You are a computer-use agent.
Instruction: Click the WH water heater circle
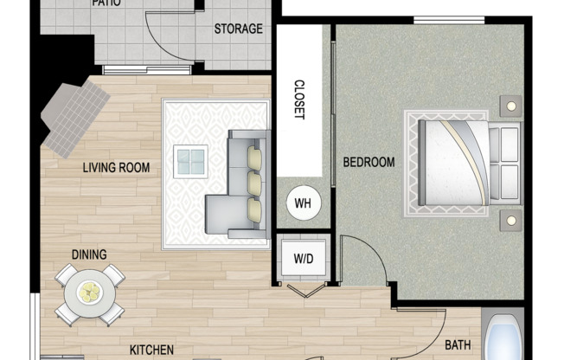pos(303,203)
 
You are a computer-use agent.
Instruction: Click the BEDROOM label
pos(369,162)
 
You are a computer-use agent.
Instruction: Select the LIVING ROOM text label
pos(117,168)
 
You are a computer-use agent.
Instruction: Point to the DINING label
pos(90,254)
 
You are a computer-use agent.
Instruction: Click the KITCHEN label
pos(152,350)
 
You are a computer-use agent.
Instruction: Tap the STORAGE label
pos(238,29)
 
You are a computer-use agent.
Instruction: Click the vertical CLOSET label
pos(299,100)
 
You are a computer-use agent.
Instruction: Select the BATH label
pos(458,345)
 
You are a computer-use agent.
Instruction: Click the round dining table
pos(89,294)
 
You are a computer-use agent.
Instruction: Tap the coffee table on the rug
pos(190,161)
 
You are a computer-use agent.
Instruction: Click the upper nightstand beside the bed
pos(510,106)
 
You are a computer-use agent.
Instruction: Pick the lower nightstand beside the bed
pos(510,220)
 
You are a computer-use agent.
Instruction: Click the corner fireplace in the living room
pos(74,117)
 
